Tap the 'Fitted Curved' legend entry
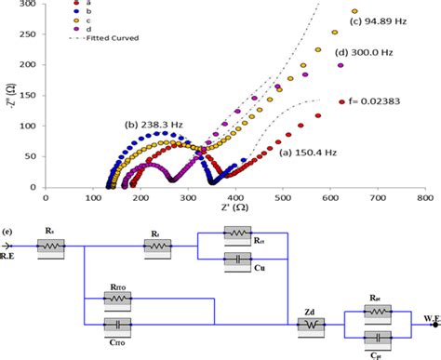pos(103,38)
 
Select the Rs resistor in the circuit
pos(51,247)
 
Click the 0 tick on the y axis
pos(33,187)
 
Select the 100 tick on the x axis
pos(92,197)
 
